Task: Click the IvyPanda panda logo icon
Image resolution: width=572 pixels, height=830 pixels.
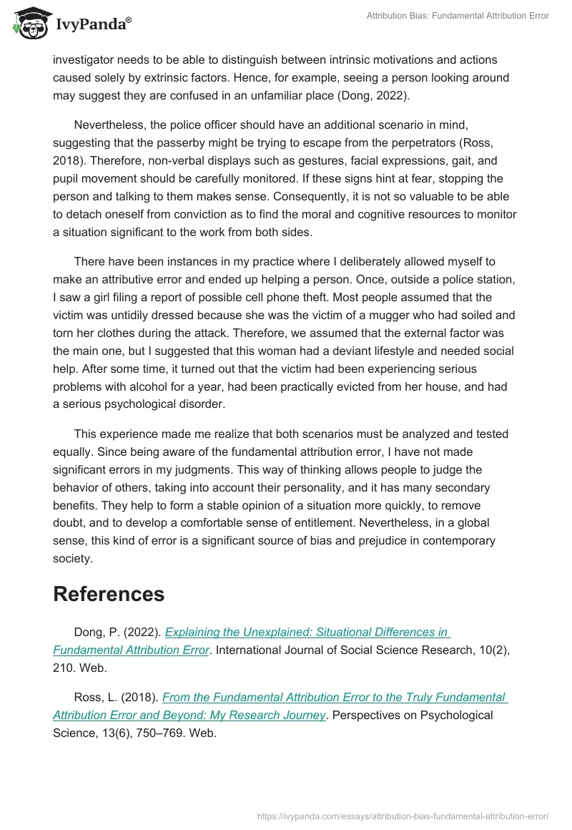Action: point(29,23)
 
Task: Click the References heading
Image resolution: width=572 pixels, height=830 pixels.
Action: point(109,594)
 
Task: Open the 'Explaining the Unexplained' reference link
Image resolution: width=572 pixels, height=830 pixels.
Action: point(307,632)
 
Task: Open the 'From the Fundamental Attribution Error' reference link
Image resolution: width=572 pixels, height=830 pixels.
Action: point(335,697)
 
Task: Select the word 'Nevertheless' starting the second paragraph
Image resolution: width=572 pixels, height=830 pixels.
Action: point(112,125)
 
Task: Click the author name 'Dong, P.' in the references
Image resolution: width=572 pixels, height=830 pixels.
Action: point(97,632)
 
